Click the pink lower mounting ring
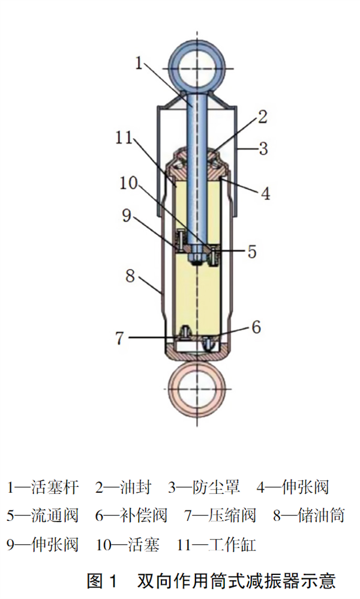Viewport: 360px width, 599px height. [x=174, y=390]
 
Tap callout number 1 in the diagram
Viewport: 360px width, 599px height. [x=139, y=63]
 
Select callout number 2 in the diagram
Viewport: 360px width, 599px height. [x=262, y=117]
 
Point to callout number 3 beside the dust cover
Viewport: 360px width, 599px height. [x=263, y=148]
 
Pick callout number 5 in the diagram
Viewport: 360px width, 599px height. [x=252, y=251]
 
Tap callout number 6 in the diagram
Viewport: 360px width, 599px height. [x=256, y=327]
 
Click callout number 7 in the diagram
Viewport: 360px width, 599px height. [x=120, y=338]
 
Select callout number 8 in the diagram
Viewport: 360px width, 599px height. [x=130, y=275]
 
